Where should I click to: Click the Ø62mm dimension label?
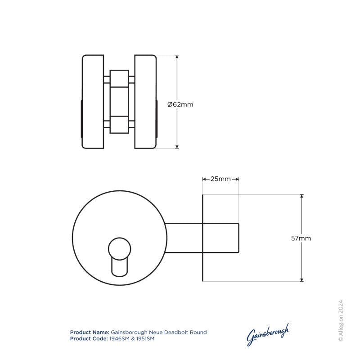tap(180, 104)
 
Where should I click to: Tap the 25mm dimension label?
tap(220, 179)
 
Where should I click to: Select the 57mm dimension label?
tap(301, 238)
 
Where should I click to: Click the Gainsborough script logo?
tap(268, 335)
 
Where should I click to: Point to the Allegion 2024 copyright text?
tap(341, 321)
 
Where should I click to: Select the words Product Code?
tap(89, 338)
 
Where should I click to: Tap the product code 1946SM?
tap(118, 338)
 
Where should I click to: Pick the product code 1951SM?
tap(144, 338)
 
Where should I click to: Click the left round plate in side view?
tap(93, 102)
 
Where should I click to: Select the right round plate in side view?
tap(145, 102)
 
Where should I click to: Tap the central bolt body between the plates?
tap(119, 102)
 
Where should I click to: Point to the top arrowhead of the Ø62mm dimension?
tap(177, 57)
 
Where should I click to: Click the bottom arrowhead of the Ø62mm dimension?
tap(177, 146)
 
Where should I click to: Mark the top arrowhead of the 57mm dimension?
tap(301, 197)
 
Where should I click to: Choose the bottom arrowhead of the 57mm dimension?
tap(301, 279)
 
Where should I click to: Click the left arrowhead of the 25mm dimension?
tap(205, 179)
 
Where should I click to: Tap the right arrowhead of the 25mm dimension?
tap(236, 179)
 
